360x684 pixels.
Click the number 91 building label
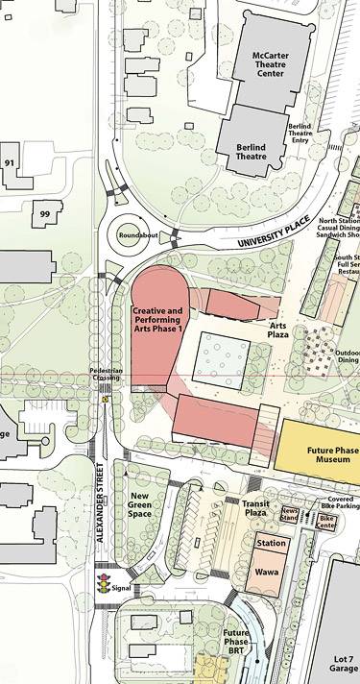[x=10, y=163]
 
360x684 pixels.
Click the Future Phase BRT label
[x=236, y=642]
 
